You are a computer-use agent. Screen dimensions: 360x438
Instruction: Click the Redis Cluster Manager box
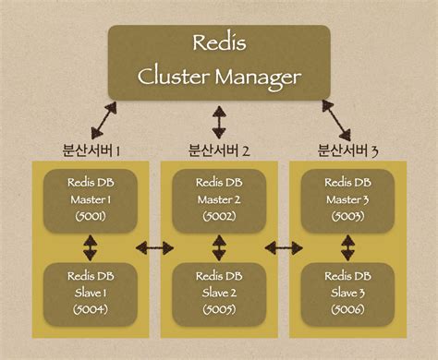click(219, 60)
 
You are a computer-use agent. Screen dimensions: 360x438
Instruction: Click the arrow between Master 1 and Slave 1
click(90, 246)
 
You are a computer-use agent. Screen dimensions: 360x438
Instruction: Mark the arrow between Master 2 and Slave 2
click(218, 246)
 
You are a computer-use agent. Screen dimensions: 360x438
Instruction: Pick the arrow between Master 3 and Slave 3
click(347, 246)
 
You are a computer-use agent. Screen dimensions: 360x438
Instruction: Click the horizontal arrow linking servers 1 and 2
click(154, 247)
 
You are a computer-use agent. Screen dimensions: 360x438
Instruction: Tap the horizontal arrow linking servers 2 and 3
click(283, 247)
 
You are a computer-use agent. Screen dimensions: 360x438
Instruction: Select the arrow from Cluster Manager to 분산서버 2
click(219, 121)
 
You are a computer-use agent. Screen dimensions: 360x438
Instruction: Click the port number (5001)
click(90, 217)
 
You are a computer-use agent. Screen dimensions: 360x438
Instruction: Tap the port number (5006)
click(347, 311)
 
